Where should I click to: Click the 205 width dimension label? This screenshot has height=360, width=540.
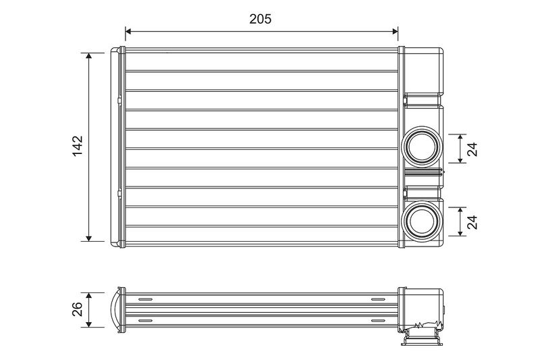pos(261,19)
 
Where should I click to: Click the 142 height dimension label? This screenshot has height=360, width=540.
pos(78,146)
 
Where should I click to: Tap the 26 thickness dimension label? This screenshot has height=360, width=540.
pos(78,309)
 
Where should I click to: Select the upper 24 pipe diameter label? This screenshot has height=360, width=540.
pos(473,149)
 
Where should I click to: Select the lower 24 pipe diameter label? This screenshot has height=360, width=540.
pos(473,222)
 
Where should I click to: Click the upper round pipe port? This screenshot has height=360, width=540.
pos(423,147)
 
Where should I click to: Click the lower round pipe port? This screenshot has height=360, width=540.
pos(423,220)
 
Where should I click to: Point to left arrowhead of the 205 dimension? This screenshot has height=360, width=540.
pos(128,31)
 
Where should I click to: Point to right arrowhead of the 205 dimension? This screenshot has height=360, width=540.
pos(395,31)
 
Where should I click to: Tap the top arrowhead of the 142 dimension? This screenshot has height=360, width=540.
pos(89,56)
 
